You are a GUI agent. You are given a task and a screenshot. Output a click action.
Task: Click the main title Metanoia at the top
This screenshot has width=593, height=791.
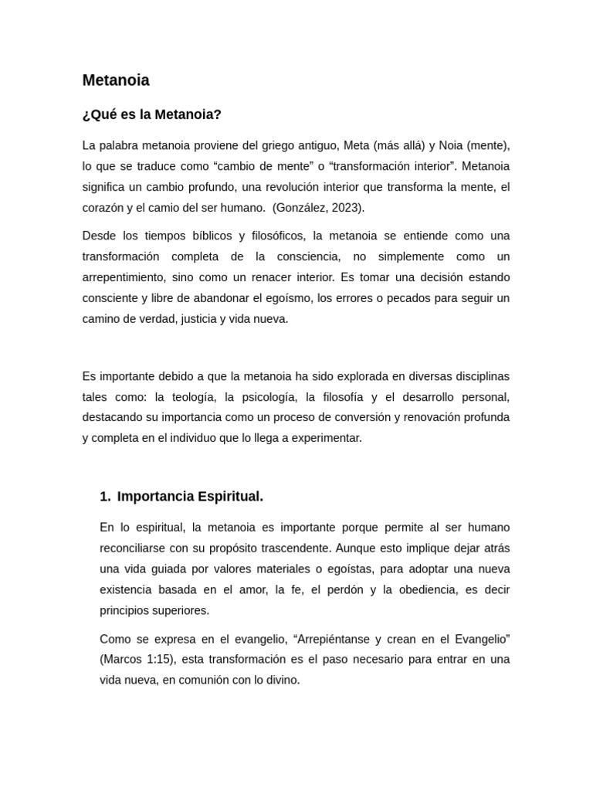point(116,80)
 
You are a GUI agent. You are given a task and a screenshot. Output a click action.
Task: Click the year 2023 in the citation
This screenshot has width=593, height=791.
point(345,208)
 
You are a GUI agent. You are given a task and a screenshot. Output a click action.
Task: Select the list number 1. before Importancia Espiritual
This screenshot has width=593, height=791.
point(105,497)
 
